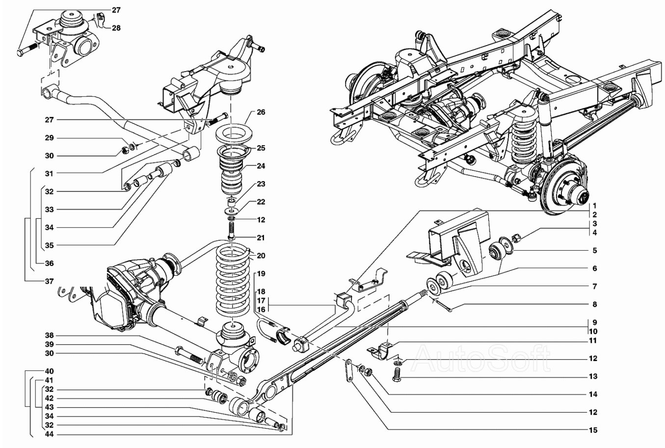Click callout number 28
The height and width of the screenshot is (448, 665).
coord(116,28)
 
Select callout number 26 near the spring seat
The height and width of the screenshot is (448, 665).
coord(261,112)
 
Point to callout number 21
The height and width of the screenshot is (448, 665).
coord(261,238)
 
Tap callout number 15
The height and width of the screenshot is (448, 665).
coord(593,430)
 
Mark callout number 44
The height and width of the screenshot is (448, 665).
coord(50,434)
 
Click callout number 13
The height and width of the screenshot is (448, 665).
coord(593,377)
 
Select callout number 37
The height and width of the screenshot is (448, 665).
coord(50,281)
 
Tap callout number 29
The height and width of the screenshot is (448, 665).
coord(50,138)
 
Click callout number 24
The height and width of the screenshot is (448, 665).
coord(261,165)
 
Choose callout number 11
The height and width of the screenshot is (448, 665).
coord(593,340)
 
